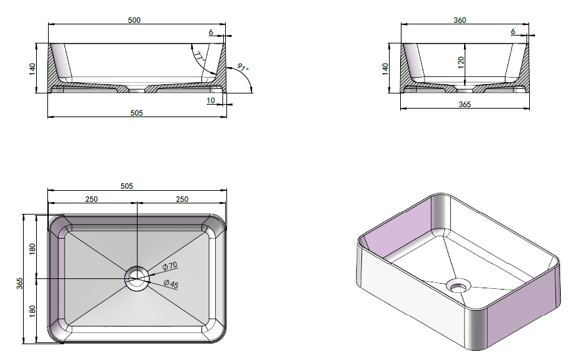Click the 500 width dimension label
pyautogui.click(x=134, y=20)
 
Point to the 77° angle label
pyautogui.click(x=199, y=57)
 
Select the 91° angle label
pyautogui.click(x=243, y=68)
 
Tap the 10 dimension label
pyautogui.click(x=211, y=100)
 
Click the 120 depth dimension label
pyautogui.click(x=461, y=63)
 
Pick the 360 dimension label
pyautogui.click(x=459, y=20)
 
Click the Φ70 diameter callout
pyautogui.click(x=170, y=266)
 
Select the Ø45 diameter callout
pyautogui.click(x=171, y=284)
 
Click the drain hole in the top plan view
pyautogui.click(x=137, y=278)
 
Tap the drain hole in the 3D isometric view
pyautogui.click(x=459, y=286)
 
